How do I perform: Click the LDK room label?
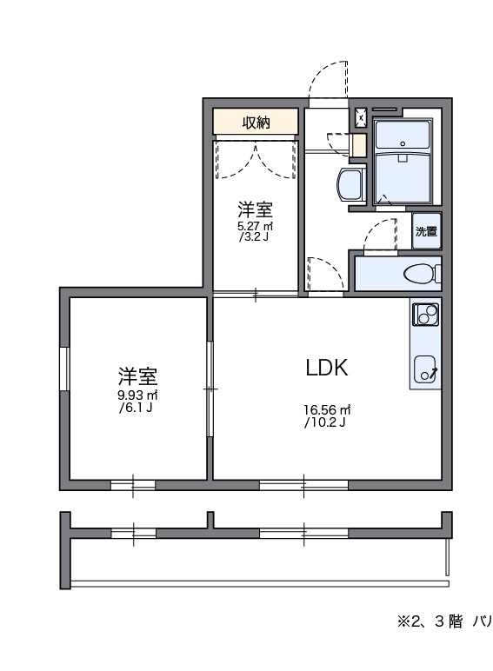(x=326, y=368)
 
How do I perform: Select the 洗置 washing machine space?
(x=426, y=232)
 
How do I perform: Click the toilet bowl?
(x=421, y=274)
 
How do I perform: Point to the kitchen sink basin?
(x=425, y=369)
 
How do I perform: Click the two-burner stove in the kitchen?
(x=426, y=315)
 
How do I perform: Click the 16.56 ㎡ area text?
(x=326, y=410)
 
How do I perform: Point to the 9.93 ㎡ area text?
(x=137, y=395)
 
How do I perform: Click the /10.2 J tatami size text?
(x=326, y=423)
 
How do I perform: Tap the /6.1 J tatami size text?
(x=137, y=408)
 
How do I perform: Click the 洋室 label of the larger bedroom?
(x=137, y=376)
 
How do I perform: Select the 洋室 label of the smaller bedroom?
(x=256, y=209)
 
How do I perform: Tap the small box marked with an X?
(x=361, y=114)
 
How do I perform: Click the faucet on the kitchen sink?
(x=432, y=374)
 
